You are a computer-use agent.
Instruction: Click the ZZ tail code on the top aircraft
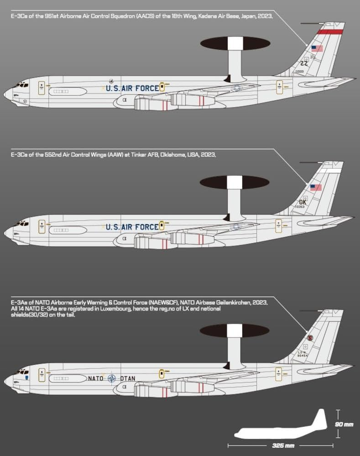click(x=304, y=63)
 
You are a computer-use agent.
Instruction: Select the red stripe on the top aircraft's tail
click(x=330, y=31)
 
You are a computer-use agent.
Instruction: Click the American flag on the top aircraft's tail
click(x=317, y=48)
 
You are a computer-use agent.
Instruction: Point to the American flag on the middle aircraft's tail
click(x=316, y=187)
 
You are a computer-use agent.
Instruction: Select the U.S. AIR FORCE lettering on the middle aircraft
click(x=132, y=227)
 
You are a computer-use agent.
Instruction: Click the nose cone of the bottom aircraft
click(x=7, y=379)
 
